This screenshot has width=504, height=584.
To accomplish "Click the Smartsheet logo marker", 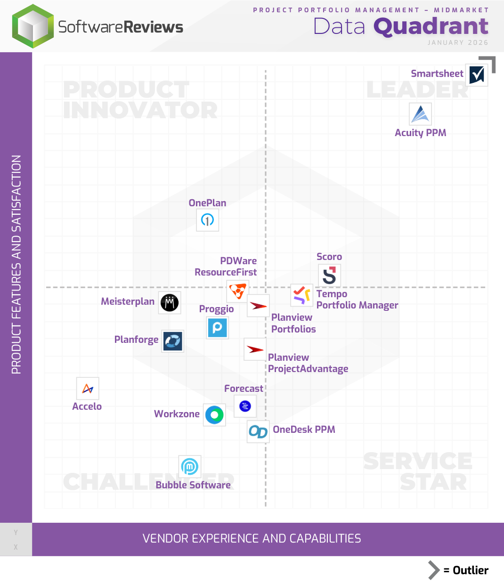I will pyautogui.click(x=477, y=75).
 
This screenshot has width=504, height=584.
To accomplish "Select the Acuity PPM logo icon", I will pyautogui.click(x=420, y=114).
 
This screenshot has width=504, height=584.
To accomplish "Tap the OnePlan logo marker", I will pyautogui.click(x=207, y=219).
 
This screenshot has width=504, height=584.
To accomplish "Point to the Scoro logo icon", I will pyautogui.click(x=329, y=276).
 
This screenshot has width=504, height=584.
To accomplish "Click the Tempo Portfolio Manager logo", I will pyautogui.click(x=301, y=295).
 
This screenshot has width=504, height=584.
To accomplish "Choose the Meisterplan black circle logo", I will pyautogui.click(x=170, y=302).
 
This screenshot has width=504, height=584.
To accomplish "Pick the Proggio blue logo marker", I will pyautogui.click(x=217, y=327).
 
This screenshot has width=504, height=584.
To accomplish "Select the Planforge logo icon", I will pyautogui.click(x=172, y=341).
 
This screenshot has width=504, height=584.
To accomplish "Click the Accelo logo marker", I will pyautogui.click(x=88, y=389).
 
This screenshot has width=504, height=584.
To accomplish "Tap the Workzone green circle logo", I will pyautogui.click(x=214, y=415).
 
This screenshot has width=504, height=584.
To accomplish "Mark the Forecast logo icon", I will pyautogui.click(x=245, y=406).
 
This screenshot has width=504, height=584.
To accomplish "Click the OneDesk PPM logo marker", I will pyautogui.click(x=258, y=431).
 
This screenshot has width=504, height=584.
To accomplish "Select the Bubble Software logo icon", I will pyautogui.click(x=189, y=467).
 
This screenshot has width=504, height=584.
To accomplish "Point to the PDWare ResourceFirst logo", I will pyautogui.click(x=237, y=292).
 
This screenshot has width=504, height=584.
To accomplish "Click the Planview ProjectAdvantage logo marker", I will pyautogui.click(x=255, y=349).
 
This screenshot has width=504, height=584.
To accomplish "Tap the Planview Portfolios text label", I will pyautogui.click(x=293, y=323).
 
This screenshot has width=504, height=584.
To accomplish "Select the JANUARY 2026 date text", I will pyautogui.click(x=457, y=42).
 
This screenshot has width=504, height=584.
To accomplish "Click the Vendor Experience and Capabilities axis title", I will pyautogui.click(x=252, y=538).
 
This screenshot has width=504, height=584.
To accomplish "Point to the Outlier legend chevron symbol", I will pyautogui.click(x=433, y=570).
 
